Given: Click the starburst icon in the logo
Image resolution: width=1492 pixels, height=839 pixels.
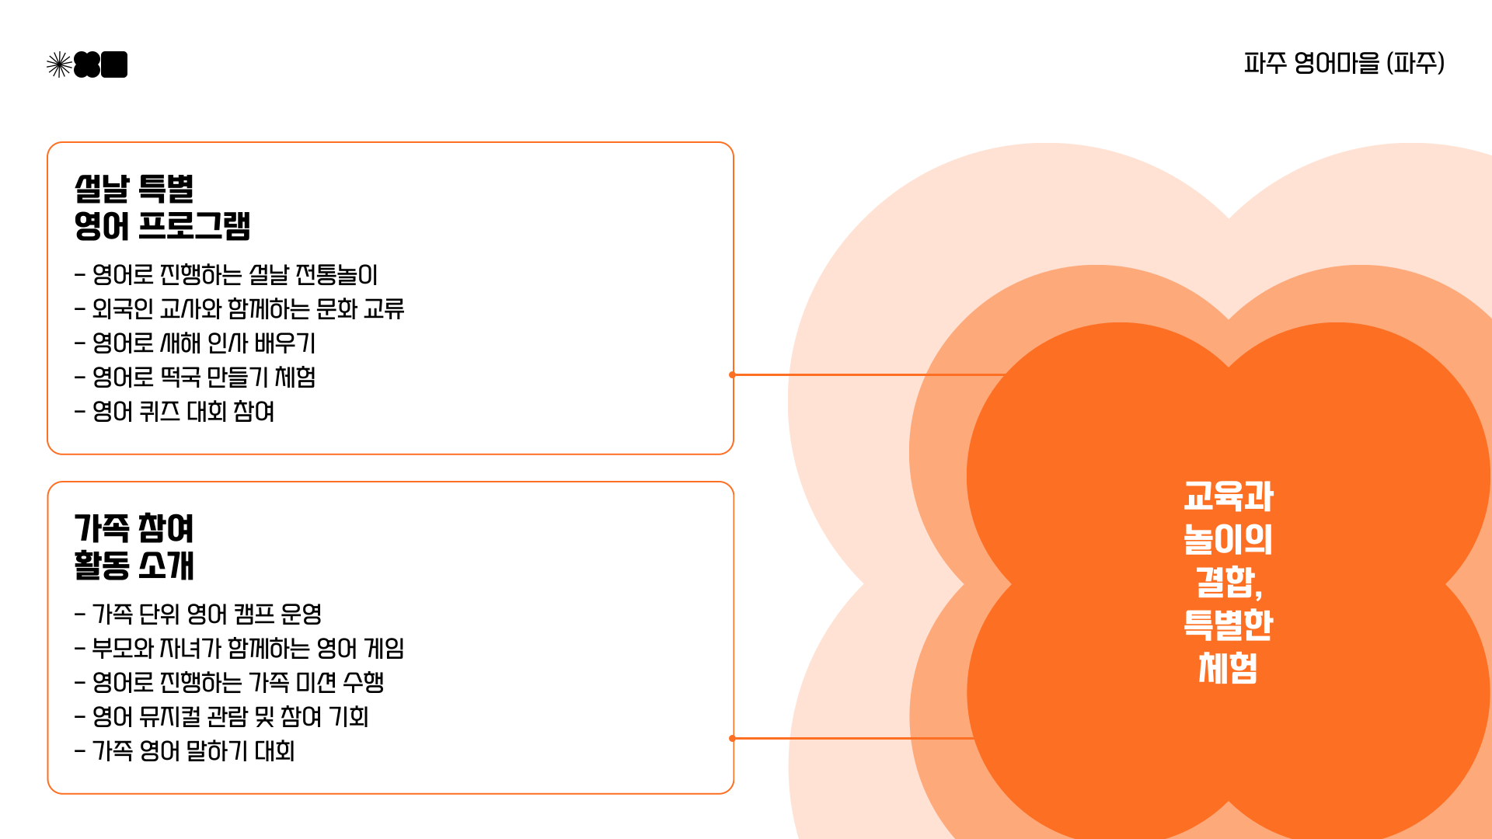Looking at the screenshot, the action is [x=59, y=64].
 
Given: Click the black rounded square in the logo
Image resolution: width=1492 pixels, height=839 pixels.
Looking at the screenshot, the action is [x=114, y=64].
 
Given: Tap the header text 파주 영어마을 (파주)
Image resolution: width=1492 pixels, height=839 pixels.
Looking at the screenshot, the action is [x=1344, y=63].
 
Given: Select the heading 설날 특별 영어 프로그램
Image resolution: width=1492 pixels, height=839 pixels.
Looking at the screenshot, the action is [x=162, y=207].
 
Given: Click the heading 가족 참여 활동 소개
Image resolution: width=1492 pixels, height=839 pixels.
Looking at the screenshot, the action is [x=134, y=547].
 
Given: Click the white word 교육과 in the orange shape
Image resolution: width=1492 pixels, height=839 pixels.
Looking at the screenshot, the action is [x=1228, y=496].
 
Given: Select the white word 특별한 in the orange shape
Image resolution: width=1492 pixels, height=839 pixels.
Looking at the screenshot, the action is [x=1228, y=625].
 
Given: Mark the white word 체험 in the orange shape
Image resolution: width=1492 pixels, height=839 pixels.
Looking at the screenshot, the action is [x=1228, y=668].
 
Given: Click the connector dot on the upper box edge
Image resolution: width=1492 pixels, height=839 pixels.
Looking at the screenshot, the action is [x=732, y=374].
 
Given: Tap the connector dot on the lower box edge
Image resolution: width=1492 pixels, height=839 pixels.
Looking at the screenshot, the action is [x=732, y=738].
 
